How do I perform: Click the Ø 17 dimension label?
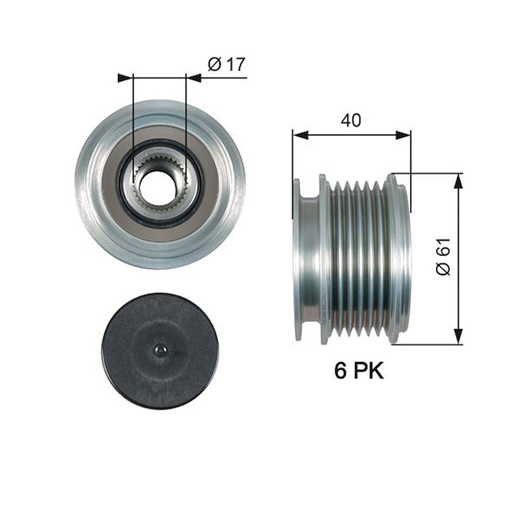pos(225,65)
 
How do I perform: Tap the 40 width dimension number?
pos(351,120)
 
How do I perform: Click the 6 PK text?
pos(359,371)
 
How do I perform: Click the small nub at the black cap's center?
pos(159,350)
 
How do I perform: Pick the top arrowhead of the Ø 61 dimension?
pos(458,180)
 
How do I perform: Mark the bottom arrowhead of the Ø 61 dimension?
pos(458,336)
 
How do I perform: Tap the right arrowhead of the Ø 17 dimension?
pos(194,78)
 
